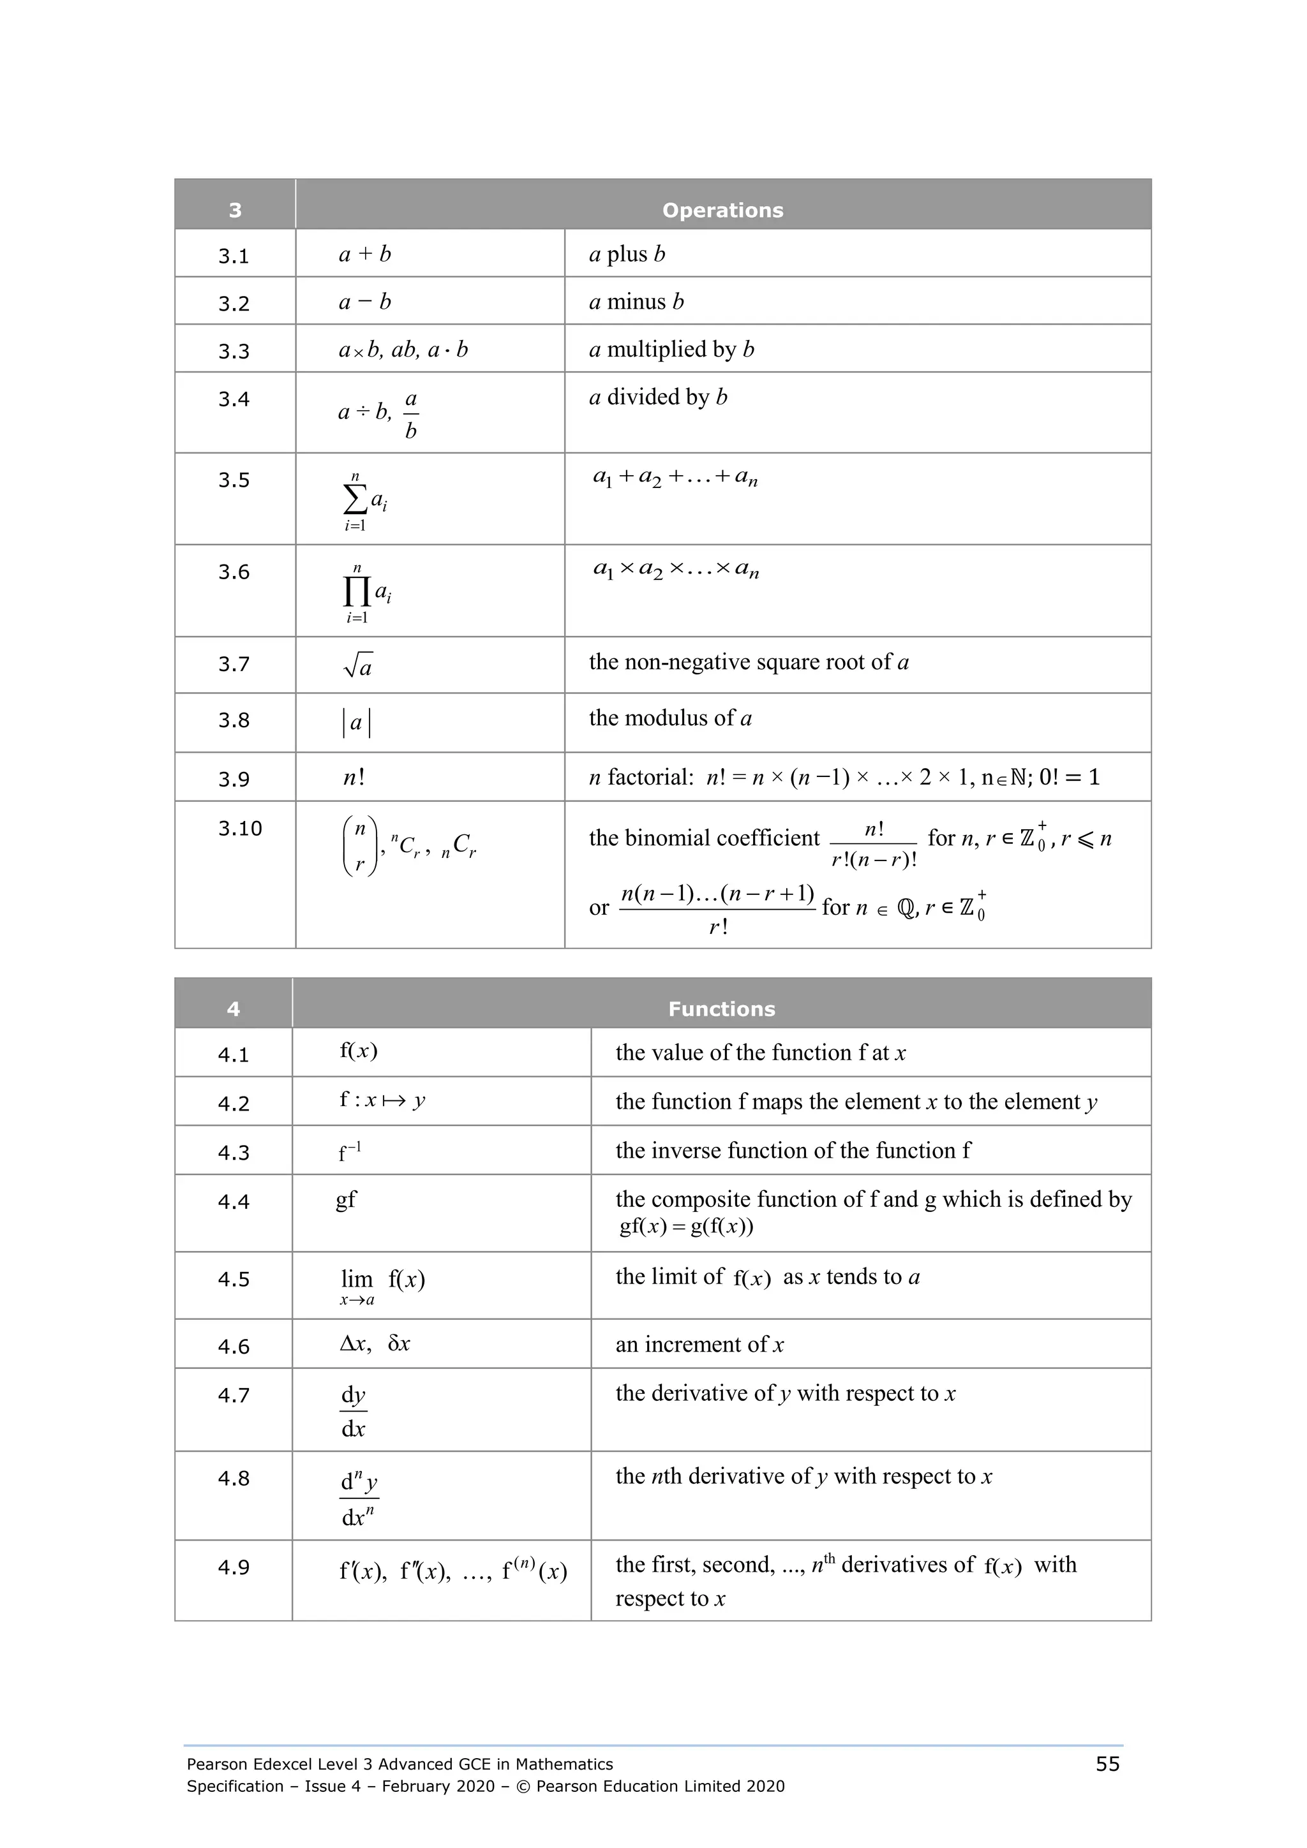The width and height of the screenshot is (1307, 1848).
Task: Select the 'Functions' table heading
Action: click(722, 1009)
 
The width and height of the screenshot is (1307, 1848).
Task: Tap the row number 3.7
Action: click(234, 664)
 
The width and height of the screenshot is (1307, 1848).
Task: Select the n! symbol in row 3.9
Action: click(354, 778)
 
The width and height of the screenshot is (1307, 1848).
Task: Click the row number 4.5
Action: click(234, 1279)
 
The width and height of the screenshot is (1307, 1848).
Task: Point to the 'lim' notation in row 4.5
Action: click(357, 1279)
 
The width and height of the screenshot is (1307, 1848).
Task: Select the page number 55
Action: click(1107, 1764)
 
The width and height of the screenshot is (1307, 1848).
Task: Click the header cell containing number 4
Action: click(234, 1009)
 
